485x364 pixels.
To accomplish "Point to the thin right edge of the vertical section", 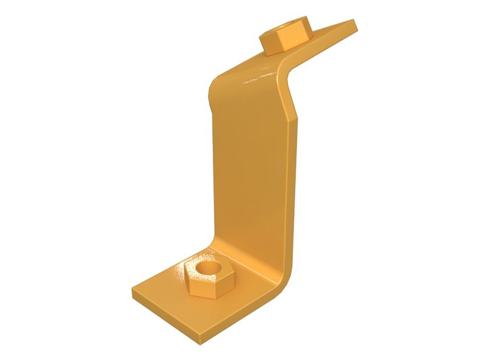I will (x=296, y=182).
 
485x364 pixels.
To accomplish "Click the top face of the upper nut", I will (x=285, y=29).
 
